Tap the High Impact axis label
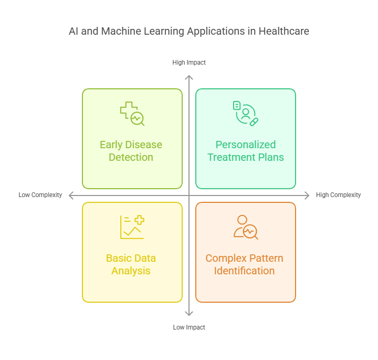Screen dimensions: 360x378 pos(189,63)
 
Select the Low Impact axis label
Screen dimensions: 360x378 pos(189,327)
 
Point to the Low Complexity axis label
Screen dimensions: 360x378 pos(40,195)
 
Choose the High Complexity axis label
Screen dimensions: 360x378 pos(338,195)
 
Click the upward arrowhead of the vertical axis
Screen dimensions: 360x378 pos(189,77)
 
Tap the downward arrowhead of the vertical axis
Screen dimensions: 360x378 pos(189,314)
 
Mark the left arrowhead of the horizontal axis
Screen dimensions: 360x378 pos(70,196)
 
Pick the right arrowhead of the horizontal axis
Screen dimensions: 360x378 pos(308,196)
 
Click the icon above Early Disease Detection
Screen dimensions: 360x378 pos(132,114)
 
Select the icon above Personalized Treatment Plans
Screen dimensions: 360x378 pos(246,114)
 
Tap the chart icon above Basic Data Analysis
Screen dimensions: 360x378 pos(132,227)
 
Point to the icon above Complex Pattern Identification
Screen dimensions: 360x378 pos(246,227)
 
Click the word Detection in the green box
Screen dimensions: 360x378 pos(131,157)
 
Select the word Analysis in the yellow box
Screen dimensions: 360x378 pos(131,271)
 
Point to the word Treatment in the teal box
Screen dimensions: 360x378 pos(231,157)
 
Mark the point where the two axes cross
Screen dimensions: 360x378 pos(189,196)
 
